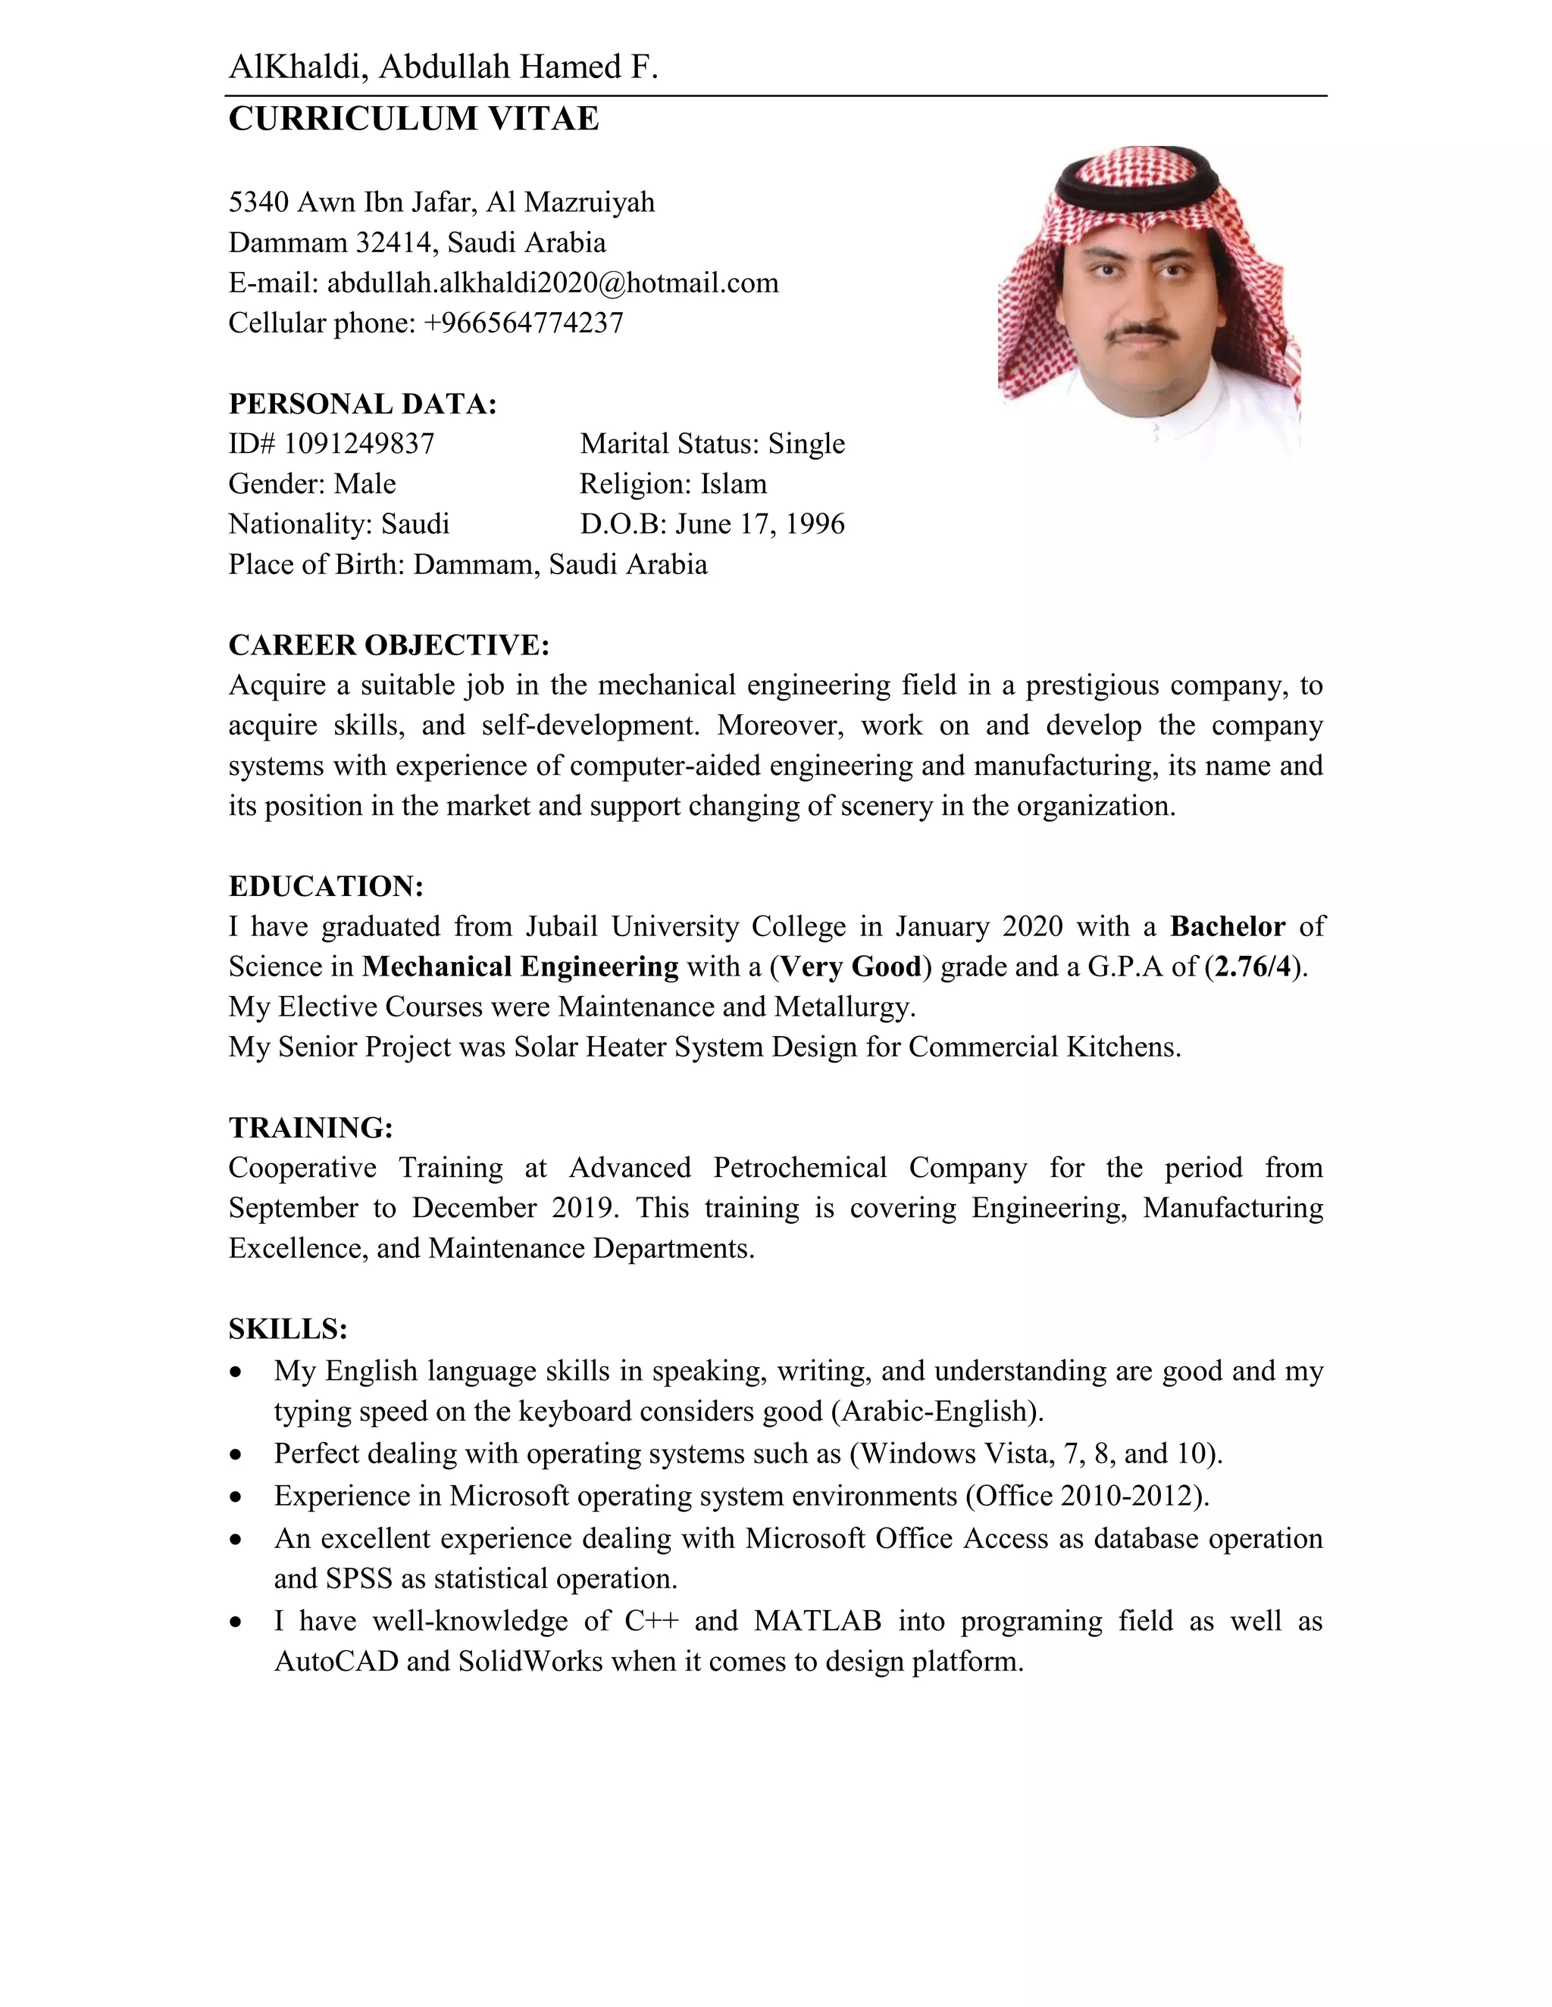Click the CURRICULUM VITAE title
click(413, 119)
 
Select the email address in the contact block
click(552, 282)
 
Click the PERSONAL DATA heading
click(362, 404)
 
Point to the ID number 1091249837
click(358, 444)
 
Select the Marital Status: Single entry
click(712, 444)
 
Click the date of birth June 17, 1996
click(759, 524)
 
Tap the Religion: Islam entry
click(672, 483)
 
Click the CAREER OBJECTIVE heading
click(388, 645)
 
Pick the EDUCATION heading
click(325, 886)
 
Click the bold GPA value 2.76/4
click(1252, 966)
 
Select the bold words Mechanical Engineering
click(521, 966)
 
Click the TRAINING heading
click(311, 1128)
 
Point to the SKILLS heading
click(288, 1329)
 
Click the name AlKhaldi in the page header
click(296, 67)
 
